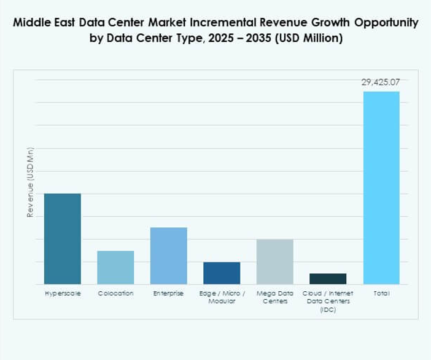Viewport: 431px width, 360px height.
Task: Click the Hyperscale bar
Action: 62,238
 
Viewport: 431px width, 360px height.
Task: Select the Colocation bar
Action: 115,267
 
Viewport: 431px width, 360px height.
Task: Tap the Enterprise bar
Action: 168,256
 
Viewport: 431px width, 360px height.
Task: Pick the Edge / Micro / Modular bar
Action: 222,273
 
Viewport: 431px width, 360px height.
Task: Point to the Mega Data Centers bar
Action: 274,261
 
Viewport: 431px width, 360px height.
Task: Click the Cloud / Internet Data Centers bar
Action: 328,278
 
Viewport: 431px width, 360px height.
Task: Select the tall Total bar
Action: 381,187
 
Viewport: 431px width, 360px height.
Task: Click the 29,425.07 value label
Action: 381,82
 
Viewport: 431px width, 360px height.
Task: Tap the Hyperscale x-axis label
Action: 62,294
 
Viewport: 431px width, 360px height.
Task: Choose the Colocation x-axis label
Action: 115,294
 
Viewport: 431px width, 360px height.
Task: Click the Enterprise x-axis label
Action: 168,294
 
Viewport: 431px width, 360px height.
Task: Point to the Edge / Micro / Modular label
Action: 222,297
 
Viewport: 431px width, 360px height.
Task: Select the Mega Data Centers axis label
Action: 274,297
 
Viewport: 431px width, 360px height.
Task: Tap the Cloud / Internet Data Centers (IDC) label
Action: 328,301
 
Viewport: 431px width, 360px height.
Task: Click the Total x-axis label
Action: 381,294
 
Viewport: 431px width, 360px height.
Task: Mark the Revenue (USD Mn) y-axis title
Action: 30,182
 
